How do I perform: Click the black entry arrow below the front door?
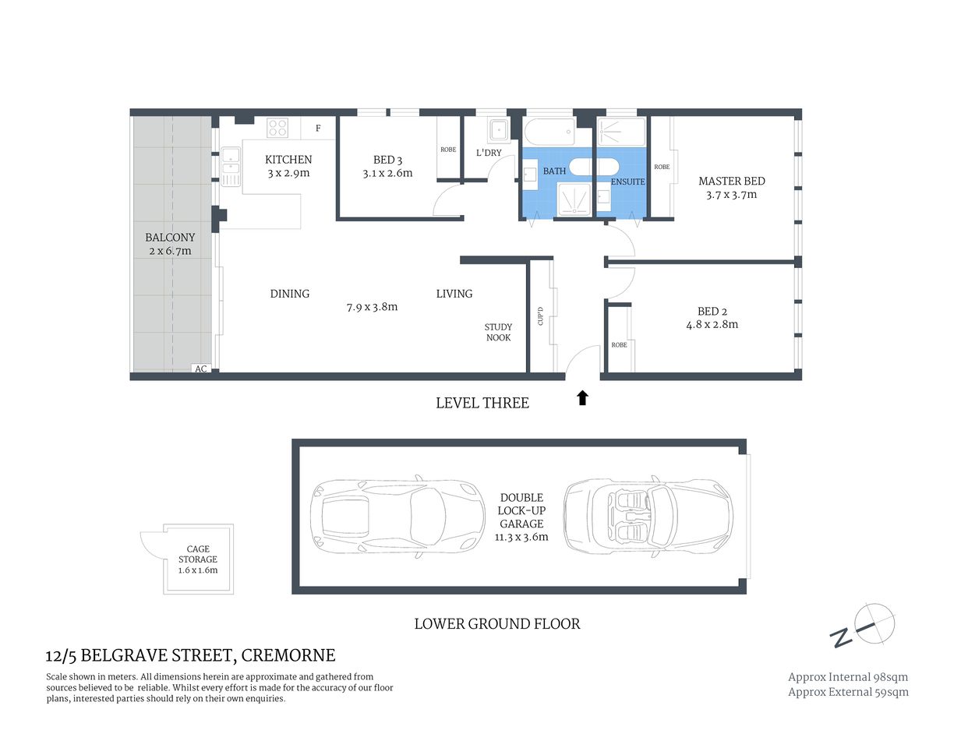point(582,398)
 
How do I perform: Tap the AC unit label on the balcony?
point(201,369)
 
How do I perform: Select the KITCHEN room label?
point(288,159)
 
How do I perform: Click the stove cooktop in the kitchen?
point(277,128)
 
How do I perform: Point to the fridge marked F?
point(318,129)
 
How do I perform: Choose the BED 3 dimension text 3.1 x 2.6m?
point(387,174)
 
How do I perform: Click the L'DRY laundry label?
point(489,153)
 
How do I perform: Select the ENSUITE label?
point(627,182)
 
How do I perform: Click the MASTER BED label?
point(731,181)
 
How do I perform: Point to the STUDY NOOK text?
point(498,333)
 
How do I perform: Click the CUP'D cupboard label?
point(540,316)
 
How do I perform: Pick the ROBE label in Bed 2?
point(619,345)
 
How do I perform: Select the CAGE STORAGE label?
point(198,554)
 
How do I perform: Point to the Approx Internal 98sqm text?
point(848,677)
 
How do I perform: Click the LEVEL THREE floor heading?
point(482,403)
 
